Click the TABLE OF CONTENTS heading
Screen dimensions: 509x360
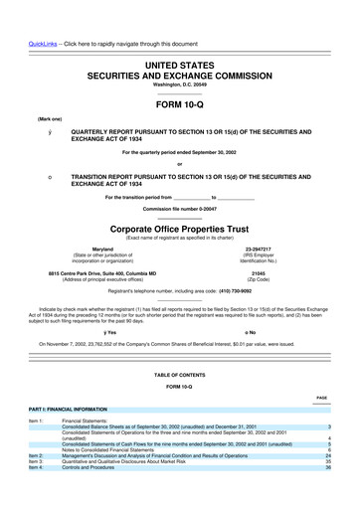(179, 374)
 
